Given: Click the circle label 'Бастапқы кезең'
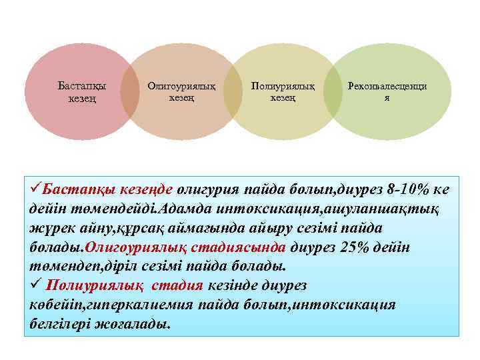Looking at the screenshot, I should click(81, 92).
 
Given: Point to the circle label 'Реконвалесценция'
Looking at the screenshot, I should click(387, 91).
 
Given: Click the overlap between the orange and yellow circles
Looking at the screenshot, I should click(232, 92).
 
